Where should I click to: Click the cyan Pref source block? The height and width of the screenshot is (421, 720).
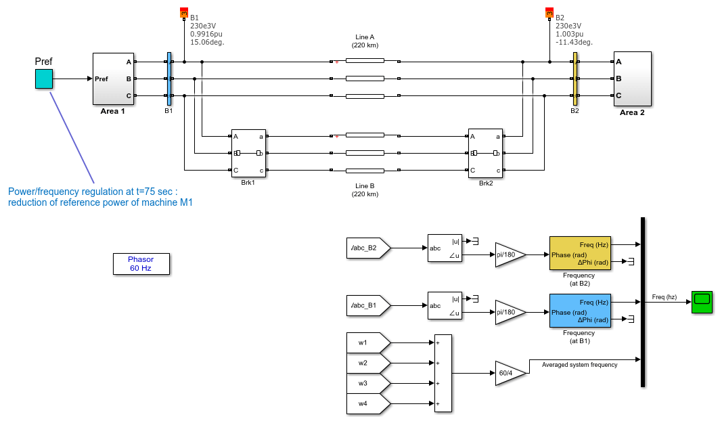[x=44, y=79]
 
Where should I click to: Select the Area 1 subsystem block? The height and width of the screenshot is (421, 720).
[x=114, y=79]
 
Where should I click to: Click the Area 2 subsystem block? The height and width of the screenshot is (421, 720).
[x=632, y=79]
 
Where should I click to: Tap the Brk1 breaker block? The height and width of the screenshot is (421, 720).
[x=248, y=154]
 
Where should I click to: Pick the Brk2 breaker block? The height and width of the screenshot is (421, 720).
[x=485, y=154]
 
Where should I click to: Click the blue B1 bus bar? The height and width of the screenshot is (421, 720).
[x=169, y=79]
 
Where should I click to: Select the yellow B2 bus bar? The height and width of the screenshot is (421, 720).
[x=575, y=79]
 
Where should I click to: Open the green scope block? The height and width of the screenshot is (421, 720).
[x=702, y=302]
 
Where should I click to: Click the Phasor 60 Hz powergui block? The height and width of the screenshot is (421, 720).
[x=141, y=264]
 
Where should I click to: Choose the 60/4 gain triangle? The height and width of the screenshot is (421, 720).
[x=510, y=373]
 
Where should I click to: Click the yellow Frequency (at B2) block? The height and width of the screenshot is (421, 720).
[x=580, y=253]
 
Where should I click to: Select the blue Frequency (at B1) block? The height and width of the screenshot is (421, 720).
[x=580, y=311]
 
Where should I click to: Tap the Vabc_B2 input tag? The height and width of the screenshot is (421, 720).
[x=368, y=248]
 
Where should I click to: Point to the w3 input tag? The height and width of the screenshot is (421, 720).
[x=368, y=383]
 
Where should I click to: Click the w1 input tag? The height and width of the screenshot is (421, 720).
[x=368, y=342]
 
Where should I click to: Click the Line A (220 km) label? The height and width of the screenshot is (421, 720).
[x=365, y=41]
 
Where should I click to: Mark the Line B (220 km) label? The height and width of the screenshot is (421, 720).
[x=365, y=190]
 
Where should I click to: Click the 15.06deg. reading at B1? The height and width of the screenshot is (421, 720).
[x=207, y=42]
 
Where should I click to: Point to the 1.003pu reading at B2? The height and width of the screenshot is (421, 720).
[x=569, y=34]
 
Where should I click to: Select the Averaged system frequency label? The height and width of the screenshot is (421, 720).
[x=579, y=365]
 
